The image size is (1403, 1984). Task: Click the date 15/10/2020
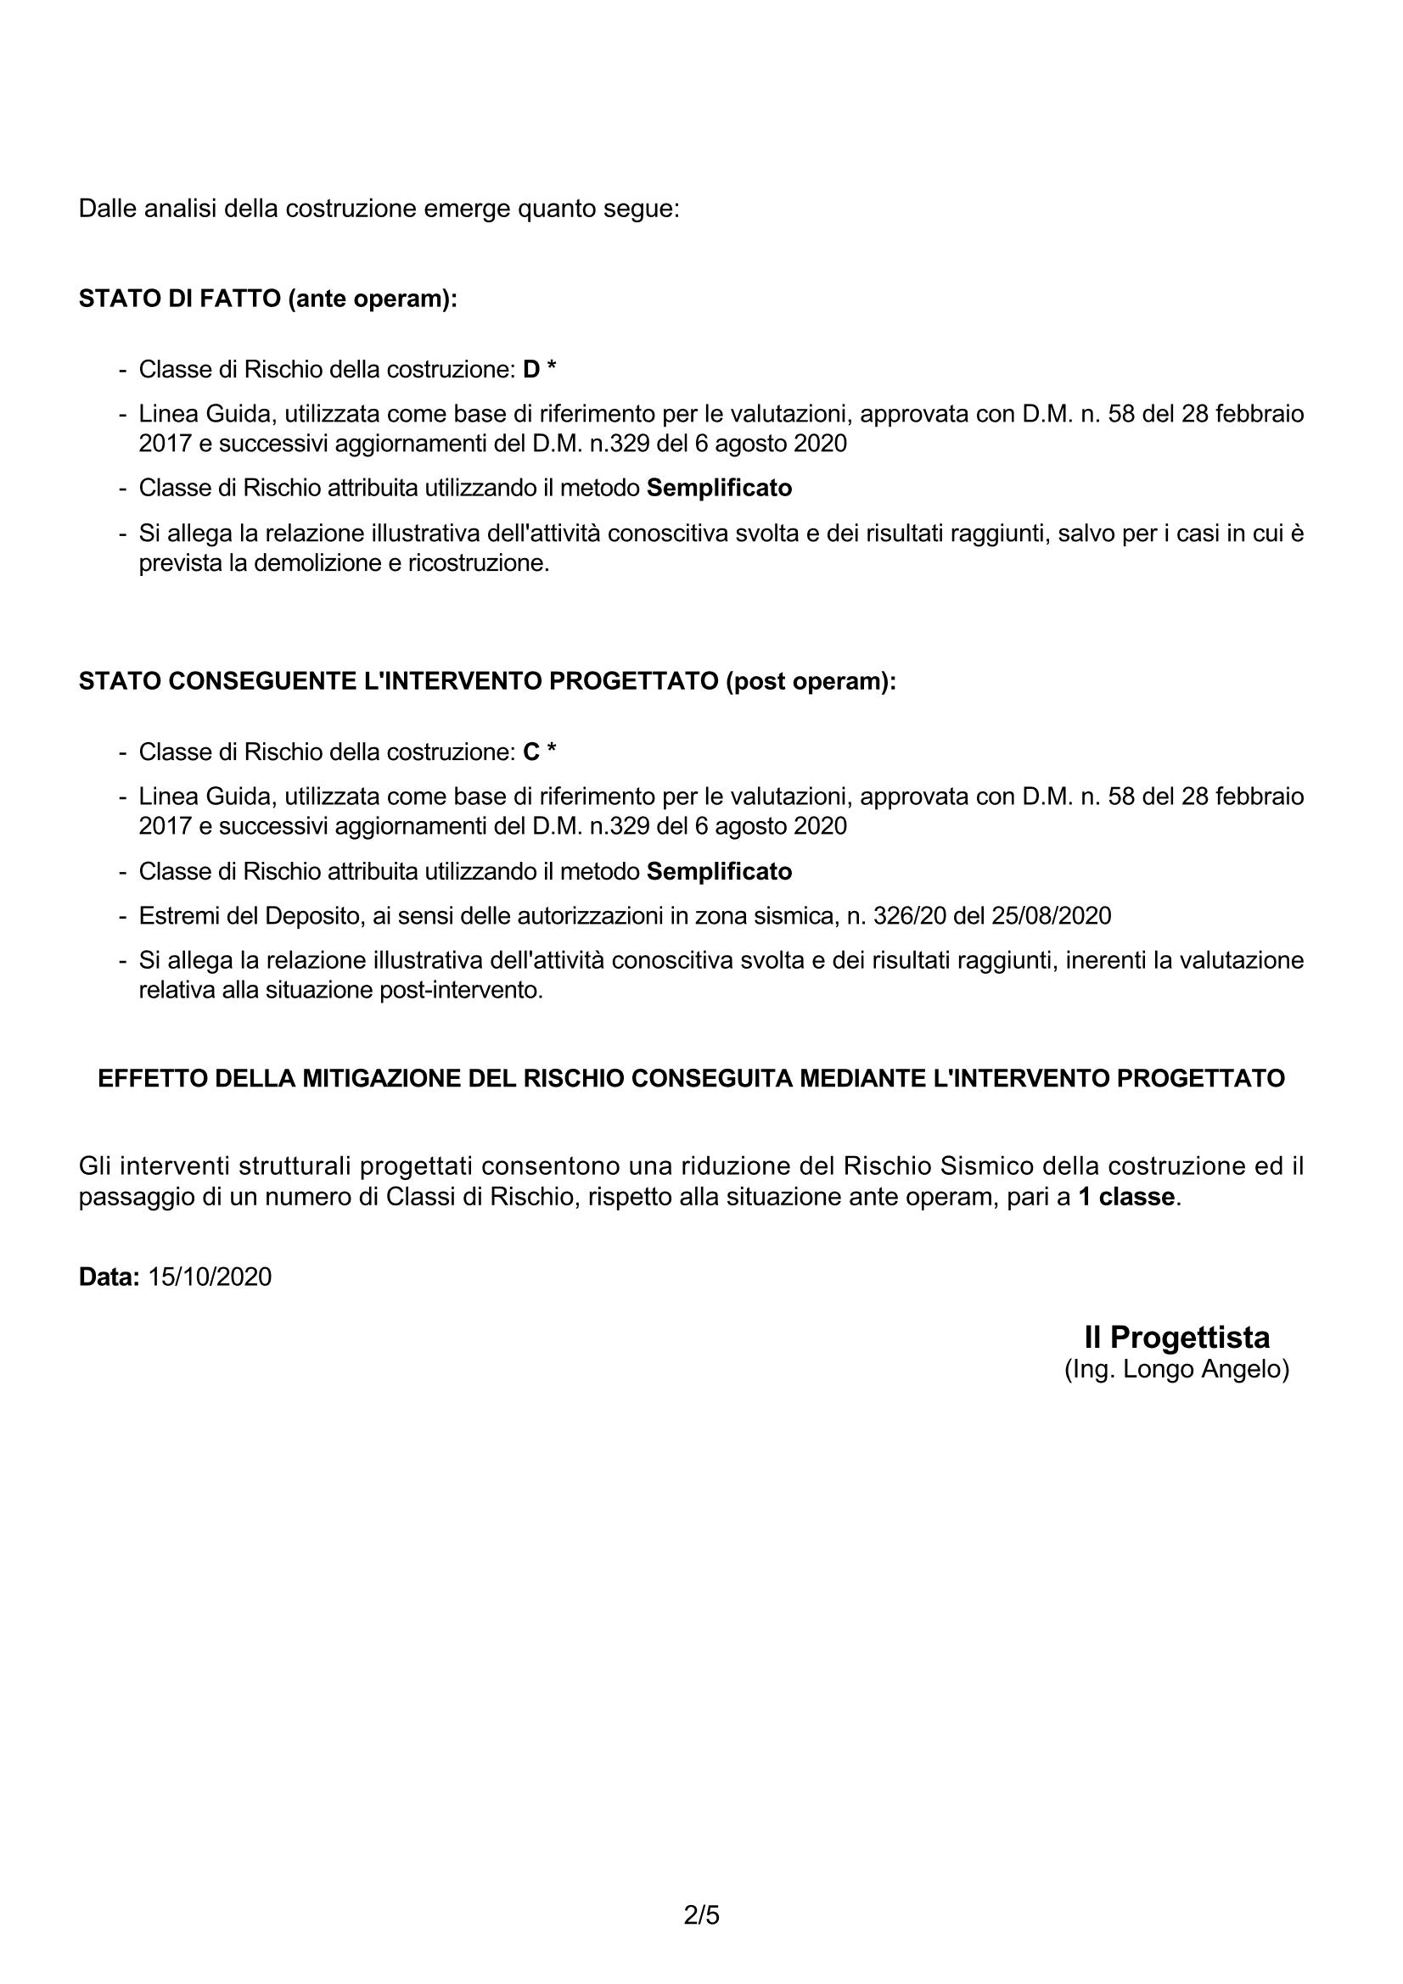click(x=209, y=1277)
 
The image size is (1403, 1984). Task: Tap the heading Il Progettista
click(x=1176, y=1338)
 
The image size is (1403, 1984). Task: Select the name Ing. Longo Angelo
click(x=1176, y=1370)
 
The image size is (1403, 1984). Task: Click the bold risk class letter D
click(x=530, y=370)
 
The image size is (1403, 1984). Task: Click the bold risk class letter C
click(x=530, y=752)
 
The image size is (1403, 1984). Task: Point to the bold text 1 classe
click(x=1126, y=1198)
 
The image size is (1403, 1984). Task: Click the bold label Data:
click(x=109, y=1277)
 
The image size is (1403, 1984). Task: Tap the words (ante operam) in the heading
click(x=372, y=299)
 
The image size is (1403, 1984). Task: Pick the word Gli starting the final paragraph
click(x=93, y=1166)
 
